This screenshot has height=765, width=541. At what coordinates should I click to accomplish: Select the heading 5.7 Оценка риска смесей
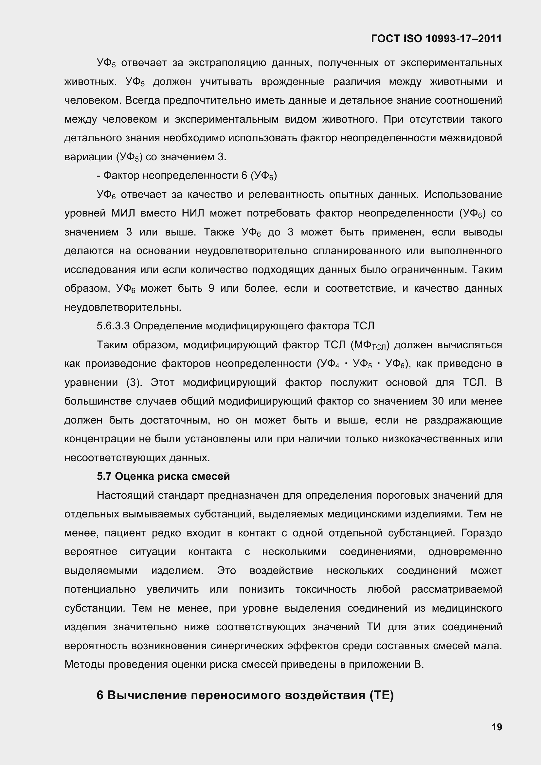(x=163, y=477)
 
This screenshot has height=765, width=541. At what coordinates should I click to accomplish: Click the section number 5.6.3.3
(x=113, y=326)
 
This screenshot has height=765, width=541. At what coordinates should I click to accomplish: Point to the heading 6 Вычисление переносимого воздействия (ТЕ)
(x=245, y=695)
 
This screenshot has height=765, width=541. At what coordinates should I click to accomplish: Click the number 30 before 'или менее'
(x=438, y=401)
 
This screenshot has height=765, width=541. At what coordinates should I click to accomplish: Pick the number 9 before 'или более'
(x=211, y=288)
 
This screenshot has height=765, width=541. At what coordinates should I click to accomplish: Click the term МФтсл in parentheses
(x=369, y=345)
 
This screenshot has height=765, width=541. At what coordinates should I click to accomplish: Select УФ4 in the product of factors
(x=330, y=364)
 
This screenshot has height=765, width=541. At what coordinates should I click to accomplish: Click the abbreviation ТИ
(x=374, y=627)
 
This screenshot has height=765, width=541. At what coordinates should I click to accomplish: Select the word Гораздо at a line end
(x=481, y=533)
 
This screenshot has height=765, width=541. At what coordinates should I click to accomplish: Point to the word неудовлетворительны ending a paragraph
(x=122, y=307)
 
